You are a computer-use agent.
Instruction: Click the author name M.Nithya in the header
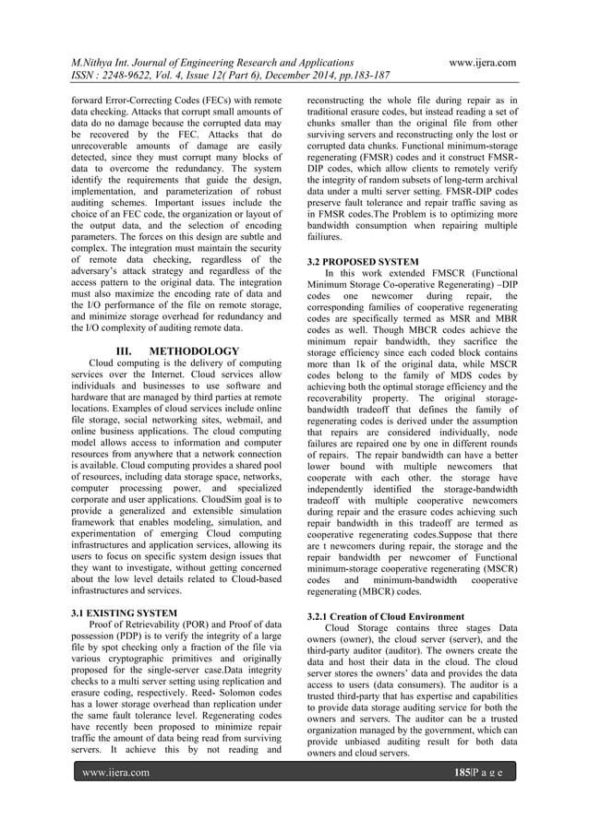99,62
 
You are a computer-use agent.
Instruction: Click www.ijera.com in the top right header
481,62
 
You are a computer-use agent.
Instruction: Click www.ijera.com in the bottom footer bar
116,772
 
